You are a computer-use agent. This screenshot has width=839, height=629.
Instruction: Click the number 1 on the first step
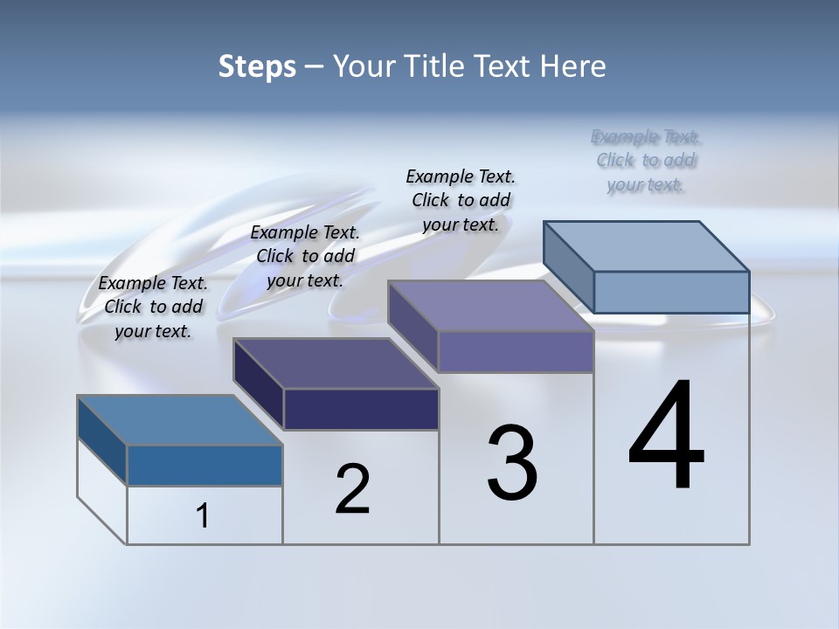(x=203, y=516)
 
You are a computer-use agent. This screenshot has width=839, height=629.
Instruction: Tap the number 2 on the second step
(x=352, y=489)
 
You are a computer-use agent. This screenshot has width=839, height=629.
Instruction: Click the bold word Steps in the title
(x=257, y=66)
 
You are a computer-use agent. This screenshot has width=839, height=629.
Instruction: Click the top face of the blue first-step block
(x=180, y=420)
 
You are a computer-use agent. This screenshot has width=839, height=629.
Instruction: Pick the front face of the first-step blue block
(x=205, y=465)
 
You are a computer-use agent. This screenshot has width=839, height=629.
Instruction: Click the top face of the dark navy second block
(x=336, y=363)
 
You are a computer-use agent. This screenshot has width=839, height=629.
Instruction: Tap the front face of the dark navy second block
(x=361, y=409)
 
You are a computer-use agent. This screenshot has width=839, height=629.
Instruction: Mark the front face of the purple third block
(x=516, y=351)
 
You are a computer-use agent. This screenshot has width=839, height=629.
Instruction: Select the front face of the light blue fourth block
(x=671, y=292)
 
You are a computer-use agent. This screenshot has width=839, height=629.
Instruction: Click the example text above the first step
(x=153, y=307)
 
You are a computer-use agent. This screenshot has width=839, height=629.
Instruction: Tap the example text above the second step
(x=305, y=256)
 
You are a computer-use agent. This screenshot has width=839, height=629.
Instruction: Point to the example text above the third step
(x=461, y=200)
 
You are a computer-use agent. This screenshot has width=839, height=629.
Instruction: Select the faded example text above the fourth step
(x=646, y=161)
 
